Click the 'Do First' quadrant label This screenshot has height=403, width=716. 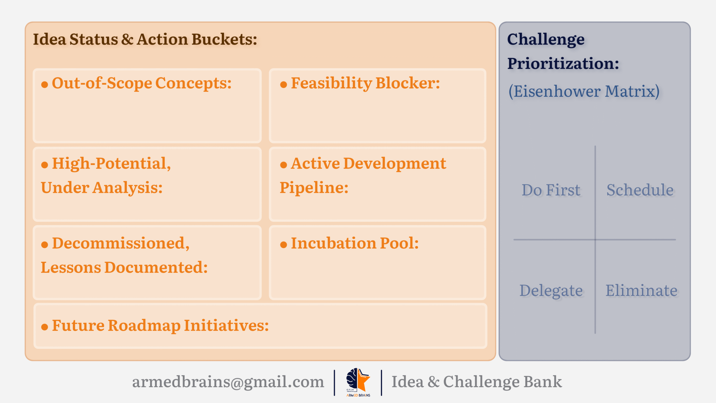551,190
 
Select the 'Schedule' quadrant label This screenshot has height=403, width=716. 640,190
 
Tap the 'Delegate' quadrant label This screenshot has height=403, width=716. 551,290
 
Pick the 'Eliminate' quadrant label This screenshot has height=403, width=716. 641,290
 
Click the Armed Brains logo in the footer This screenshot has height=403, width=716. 358,382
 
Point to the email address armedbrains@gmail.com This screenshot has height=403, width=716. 228,382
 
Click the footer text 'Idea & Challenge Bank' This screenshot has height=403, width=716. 477,382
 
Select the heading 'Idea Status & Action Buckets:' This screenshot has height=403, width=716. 145,39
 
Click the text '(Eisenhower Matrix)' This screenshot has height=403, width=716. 584,91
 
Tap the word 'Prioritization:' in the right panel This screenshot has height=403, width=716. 563,63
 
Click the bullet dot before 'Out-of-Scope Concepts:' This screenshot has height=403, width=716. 44,84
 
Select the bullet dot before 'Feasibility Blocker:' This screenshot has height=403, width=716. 283,84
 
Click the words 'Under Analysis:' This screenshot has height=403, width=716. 102,188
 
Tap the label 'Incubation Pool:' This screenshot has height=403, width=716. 355,243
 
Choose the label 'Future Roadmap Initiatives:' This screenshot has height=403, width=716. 160,325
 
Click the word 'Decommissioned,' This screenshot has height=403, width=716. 121,243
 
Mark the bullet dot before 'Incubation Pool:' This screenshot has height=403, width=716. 283,245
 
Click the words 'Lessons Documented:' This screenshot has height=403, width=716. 124,267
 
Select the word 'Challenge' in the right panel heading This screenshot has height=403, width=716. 546,39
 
